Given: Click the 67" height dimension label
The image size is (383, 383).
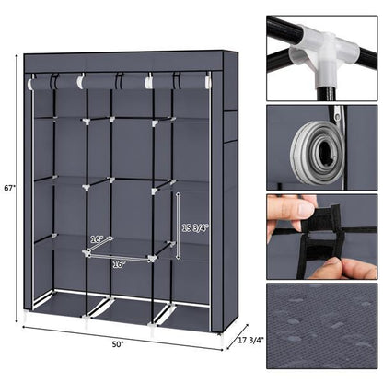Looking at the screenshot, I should click(8, 188).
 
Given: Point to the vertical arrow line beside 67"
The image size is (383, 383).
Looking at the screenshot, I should click(17, 188).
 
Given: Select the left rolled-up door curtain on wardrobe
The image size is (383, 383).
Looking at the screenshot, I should click(53, 83).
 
